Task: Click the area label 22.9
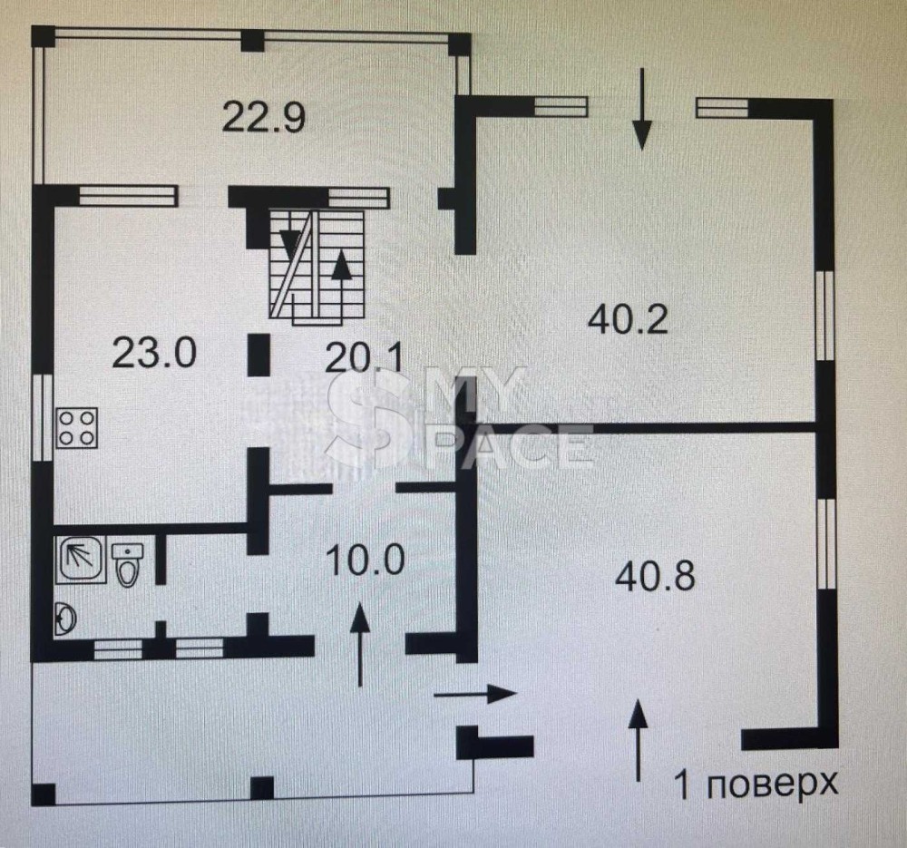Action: [264, 117]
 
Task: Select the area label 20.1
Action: [364, 358]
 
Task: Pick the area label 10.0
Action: [365, 560]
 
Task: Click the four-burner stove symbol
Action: [76, 428]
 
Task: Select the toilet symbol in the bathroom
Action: [127, 564]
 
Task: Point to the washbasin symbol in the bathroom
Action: [65, 619]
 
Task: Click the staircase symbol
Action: [317, 264]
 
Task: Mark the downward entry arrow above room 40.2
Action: [641, 110]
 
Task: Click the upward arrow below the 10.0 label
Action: [360, 644]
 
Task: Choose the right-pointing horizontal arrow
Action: [475, 694]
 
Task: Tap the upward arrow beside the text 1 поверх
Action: [638, 740]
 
